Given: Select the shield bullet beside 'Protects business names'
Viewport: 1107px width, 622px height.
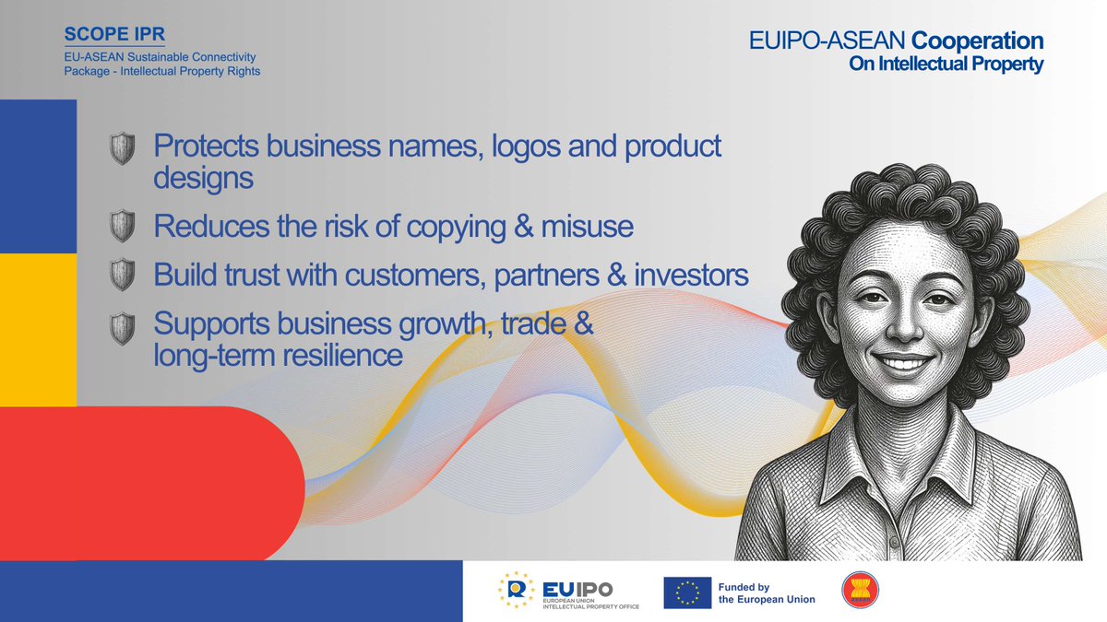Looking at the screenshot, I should pos(122,148).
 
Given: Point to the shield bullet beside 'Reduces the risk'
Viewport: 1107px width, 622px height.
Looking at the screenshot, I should pos(122,226).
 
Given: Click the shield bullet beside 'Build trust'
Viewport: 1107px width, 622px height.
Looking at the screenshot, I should pos(122,275).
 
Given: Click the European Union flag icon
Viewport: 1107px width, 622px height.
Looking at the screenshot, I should pos(687,593).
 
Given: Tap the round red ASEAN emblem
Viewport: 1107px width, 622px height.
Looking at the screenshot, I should pos(860,592).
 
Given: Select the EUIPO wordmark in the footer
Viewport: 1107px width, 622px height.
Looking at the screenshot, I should pos(577,588).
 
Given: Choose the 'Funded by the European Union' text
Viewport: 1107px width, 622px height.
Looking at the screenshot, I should pos(767,593).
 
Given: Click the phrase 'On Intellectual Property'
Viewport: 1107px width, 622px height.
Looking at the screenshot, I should pos(946,65).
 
